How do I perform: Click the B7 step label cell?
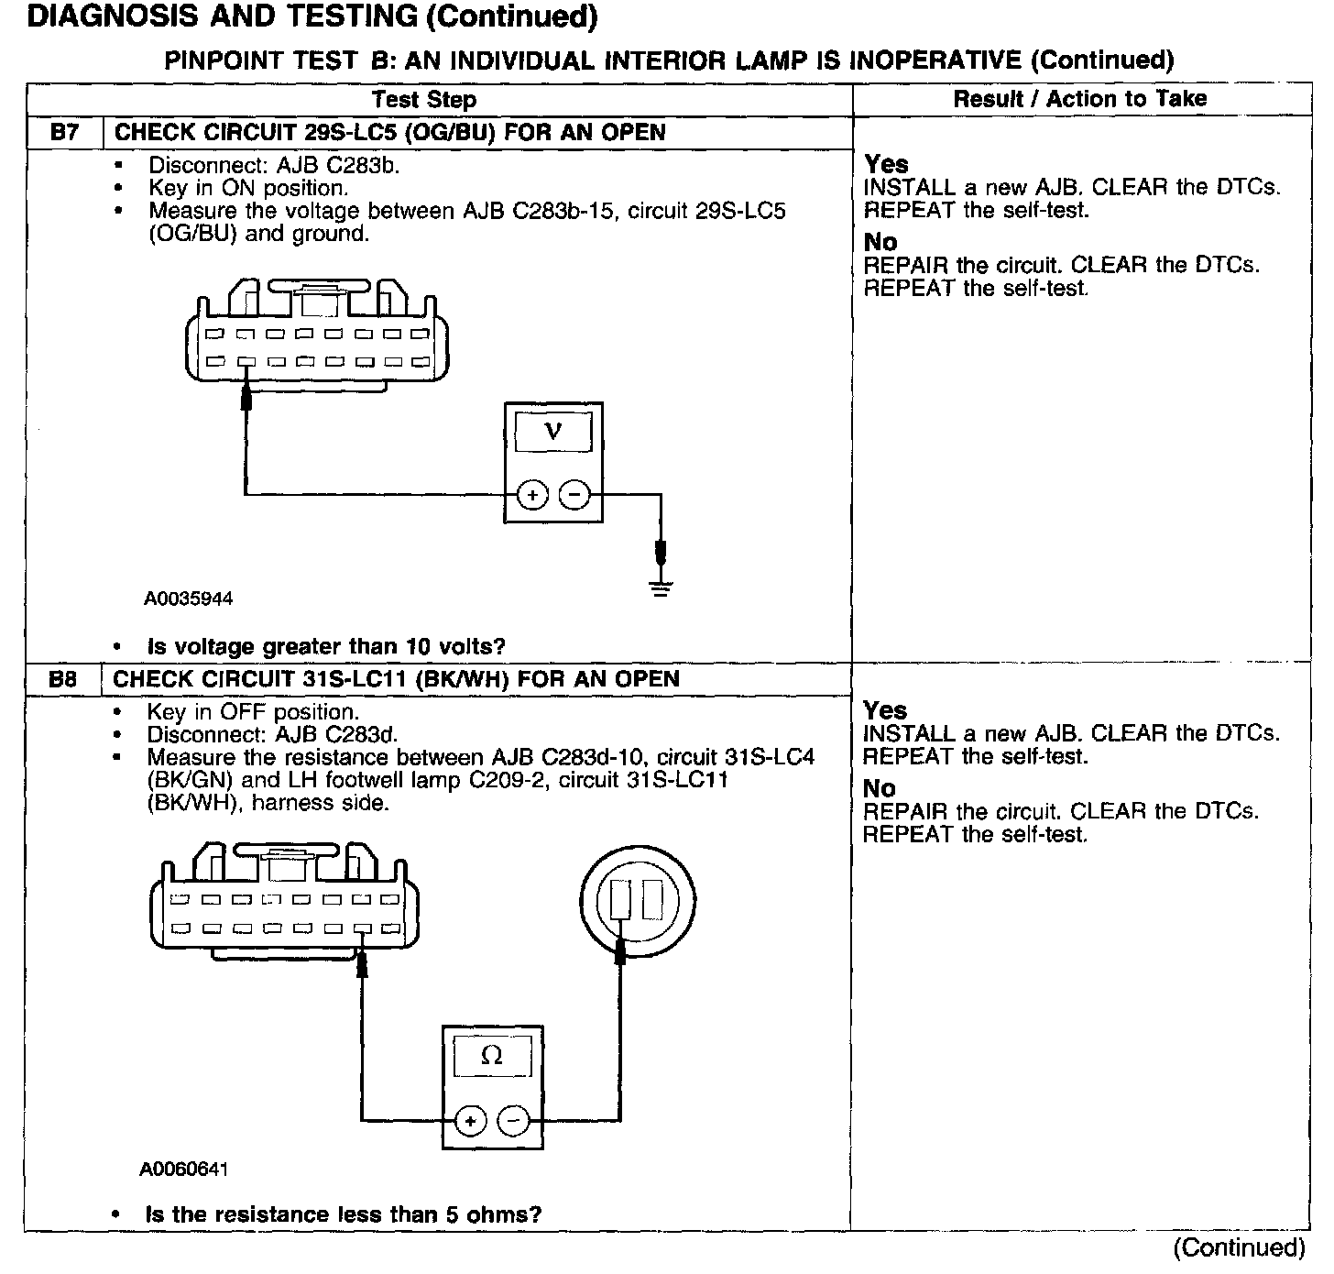click(x=64, y=132)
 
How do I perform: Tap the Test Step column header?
click(x=424, y=100)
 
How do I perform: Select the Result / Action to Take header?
click(x=1080, y=99)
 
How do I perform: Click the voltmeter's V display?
click(x=552, y=431)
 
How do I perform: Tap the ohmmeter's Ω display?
click(x=492, y=1056)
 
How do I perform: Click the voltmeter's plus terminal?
click(x=532, y=495)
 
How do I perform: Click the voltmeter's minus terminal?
click(x=574, y=495)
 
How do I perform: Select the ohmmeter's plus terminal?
click(x=470, y=1120)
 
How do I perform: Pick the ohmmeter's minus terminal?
click(x=513, y=1120)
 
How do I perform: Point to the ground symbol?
click(x=661, y=587)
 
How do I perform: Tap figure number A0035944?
click(x=188, y=599)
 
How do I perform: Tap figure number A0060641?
click(x=183, y=1170)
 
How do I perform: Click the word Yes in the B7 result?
click(x=886, y=164)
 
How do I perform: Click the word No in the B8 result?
click(x=880, y=788)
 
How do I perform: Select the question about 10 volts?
click(x=326, y=647)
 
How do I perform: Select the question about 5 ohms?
click(x=344, y=1215)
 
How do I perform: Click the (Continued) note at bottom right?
click(x=1239, y=1247)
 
